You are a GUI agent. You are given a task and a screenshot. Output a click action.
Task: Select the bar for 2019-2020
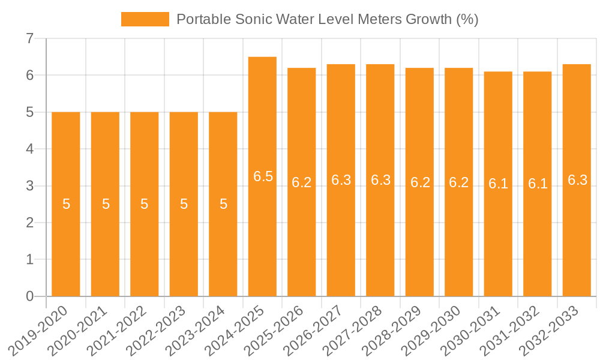click(x=66, y=204)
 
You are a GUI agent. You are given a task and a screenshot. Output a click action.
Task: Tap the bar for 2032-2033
click(x=577, y=180)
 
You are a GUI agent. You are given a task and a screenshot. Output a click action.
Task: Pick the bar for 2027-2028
click(x=380, y=180)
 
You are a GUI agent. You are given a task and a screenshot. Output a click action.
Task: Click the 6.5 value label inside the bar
click(x=263, y=176)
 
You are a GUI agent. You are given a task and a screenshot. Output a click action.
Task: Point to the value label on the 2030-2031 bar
click(x=498, y=184)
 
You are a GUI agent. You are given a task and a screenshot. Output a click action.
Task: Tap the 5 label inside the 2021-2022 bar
click(x=145, y=204)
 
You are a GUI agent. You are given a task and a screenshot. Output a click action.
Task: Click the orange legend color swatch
click(x=145, y=19)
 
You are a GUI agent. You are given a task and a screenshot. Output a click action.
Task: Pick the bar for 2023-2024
click(x=223, y=204)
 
